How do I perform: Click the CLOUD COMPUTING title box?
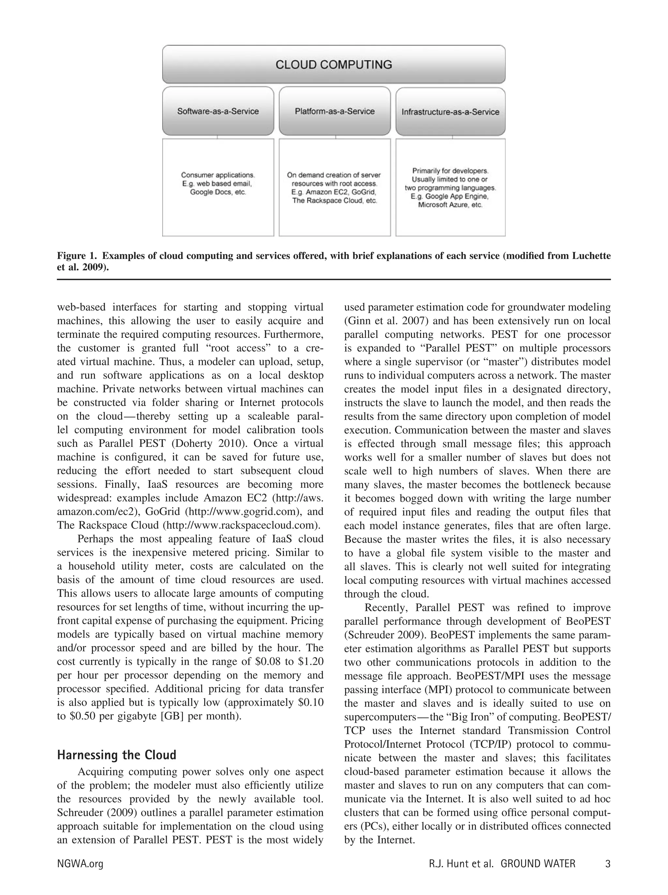pos(334,65)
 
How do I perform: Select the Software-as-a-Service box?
pos(218,111)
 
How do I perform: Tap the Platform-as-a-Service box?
pos(334,111)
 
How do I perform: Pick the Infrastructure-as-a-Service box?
pos(450,112)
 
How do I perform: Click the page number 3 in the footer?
pos(607,864)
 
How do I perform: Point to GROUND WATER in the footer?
pos(538,864)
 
